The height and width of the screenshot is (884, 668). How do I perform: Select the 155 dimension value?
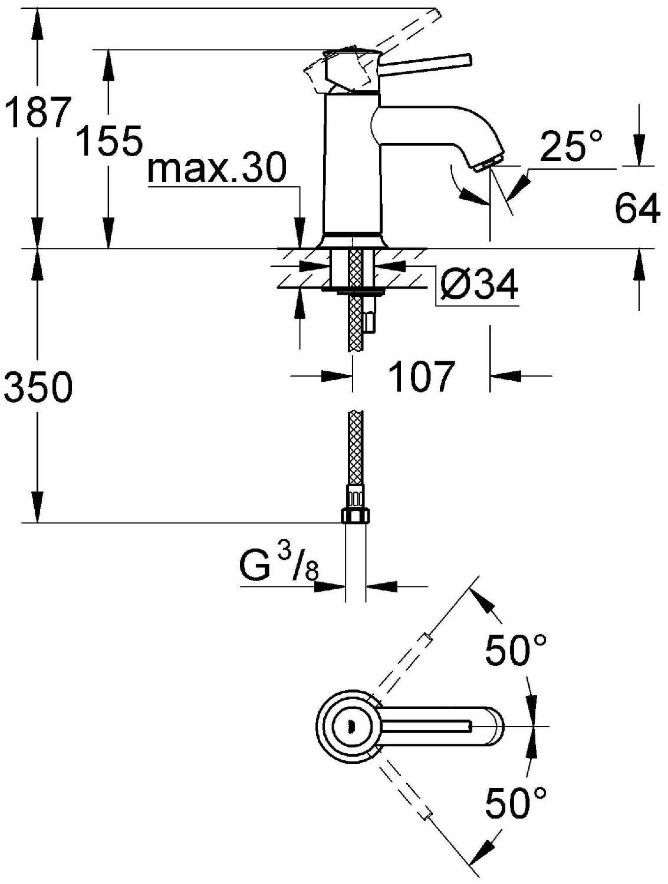[109, 140]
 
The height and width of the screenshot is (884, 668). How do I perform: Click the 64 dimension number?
[637, 208]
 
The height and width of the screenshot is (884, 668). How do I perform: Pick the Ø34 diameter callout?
[478, 285]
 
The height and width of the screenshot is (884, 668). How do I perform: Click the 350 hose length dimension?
[37, 386]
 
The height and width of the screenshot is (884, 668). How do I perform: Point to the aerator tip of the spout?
[489, 164]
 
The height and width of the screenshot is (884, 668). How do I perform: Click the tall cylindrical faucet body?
[351, 163]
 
